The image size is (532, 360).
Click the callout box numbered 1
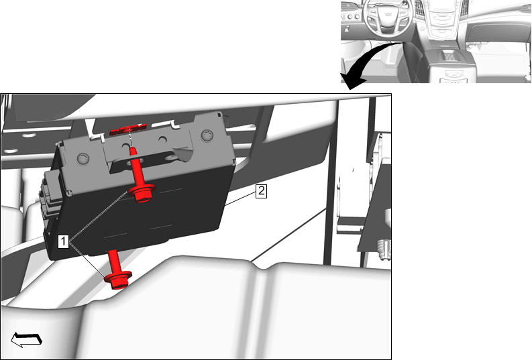[x=63, y=241]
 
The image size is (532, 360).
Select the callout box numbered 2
[x=261, y=191]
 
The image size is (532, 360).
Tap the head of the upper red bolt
[x=143, y=193]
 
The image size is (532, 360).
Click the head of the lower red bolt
[x=117, y=280]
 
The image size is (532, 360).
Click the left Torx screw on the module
[x=83, y=158]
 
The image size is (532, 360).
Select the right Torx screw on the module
[x=207, y=135]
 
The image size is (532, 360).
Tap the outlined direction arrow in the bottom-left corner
[x=26, y=340]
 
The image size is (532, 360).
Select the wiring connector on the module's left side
[x=51, y=196]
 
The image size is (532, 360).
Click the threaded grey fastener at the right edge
[x=384, y=249]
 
